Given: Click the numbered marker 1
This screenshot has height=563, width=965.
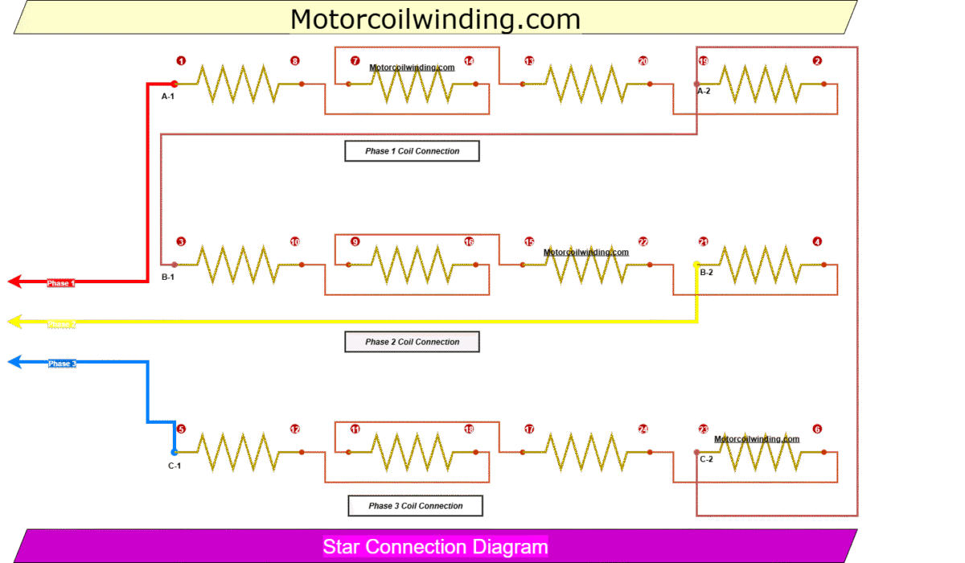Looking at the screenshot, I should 181,61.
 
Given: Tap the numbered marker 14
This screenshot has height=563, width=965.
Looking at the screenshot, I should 469,61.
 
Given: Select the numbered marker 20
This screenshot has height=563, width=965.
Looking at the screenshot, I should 643,61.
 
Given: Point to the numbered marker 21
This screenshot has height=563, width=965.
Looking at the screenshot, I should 704,242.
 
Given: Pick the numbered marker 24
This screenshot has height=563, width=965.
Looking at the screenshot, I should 643,429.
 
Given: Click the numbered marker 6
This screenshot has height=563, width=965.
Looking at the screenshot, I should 817,429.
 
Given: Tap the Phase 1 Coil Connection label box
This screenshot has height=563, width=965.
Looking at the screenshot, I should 413,151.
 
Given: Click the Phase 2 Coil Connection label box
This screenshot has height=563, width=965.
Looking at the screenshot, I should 413,342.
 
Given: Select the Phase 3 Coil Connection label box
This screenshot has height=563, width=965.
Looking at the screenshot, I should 416,506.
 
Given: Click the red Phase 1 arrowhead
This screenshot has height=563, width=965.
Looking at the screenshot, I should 14,282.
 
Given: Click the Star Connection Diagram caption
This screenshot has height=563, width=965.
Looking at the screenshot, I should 435,548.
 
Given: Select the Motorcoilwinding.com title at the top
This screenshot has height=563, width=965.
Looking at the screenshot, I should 435,18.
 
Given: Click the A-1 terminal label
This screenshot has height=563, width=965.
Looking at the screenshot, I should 168,97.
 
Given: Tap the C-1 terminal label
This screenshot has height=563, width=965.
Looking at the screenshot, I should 175,466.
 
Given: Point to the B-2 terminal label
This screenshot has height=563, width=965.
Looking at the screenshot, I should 706,273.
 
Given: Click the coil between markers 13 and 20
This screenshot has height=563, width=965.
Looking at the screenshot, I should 583,84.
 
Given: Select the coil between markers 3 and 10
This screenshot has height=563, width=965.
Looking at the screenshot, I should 239,265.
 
